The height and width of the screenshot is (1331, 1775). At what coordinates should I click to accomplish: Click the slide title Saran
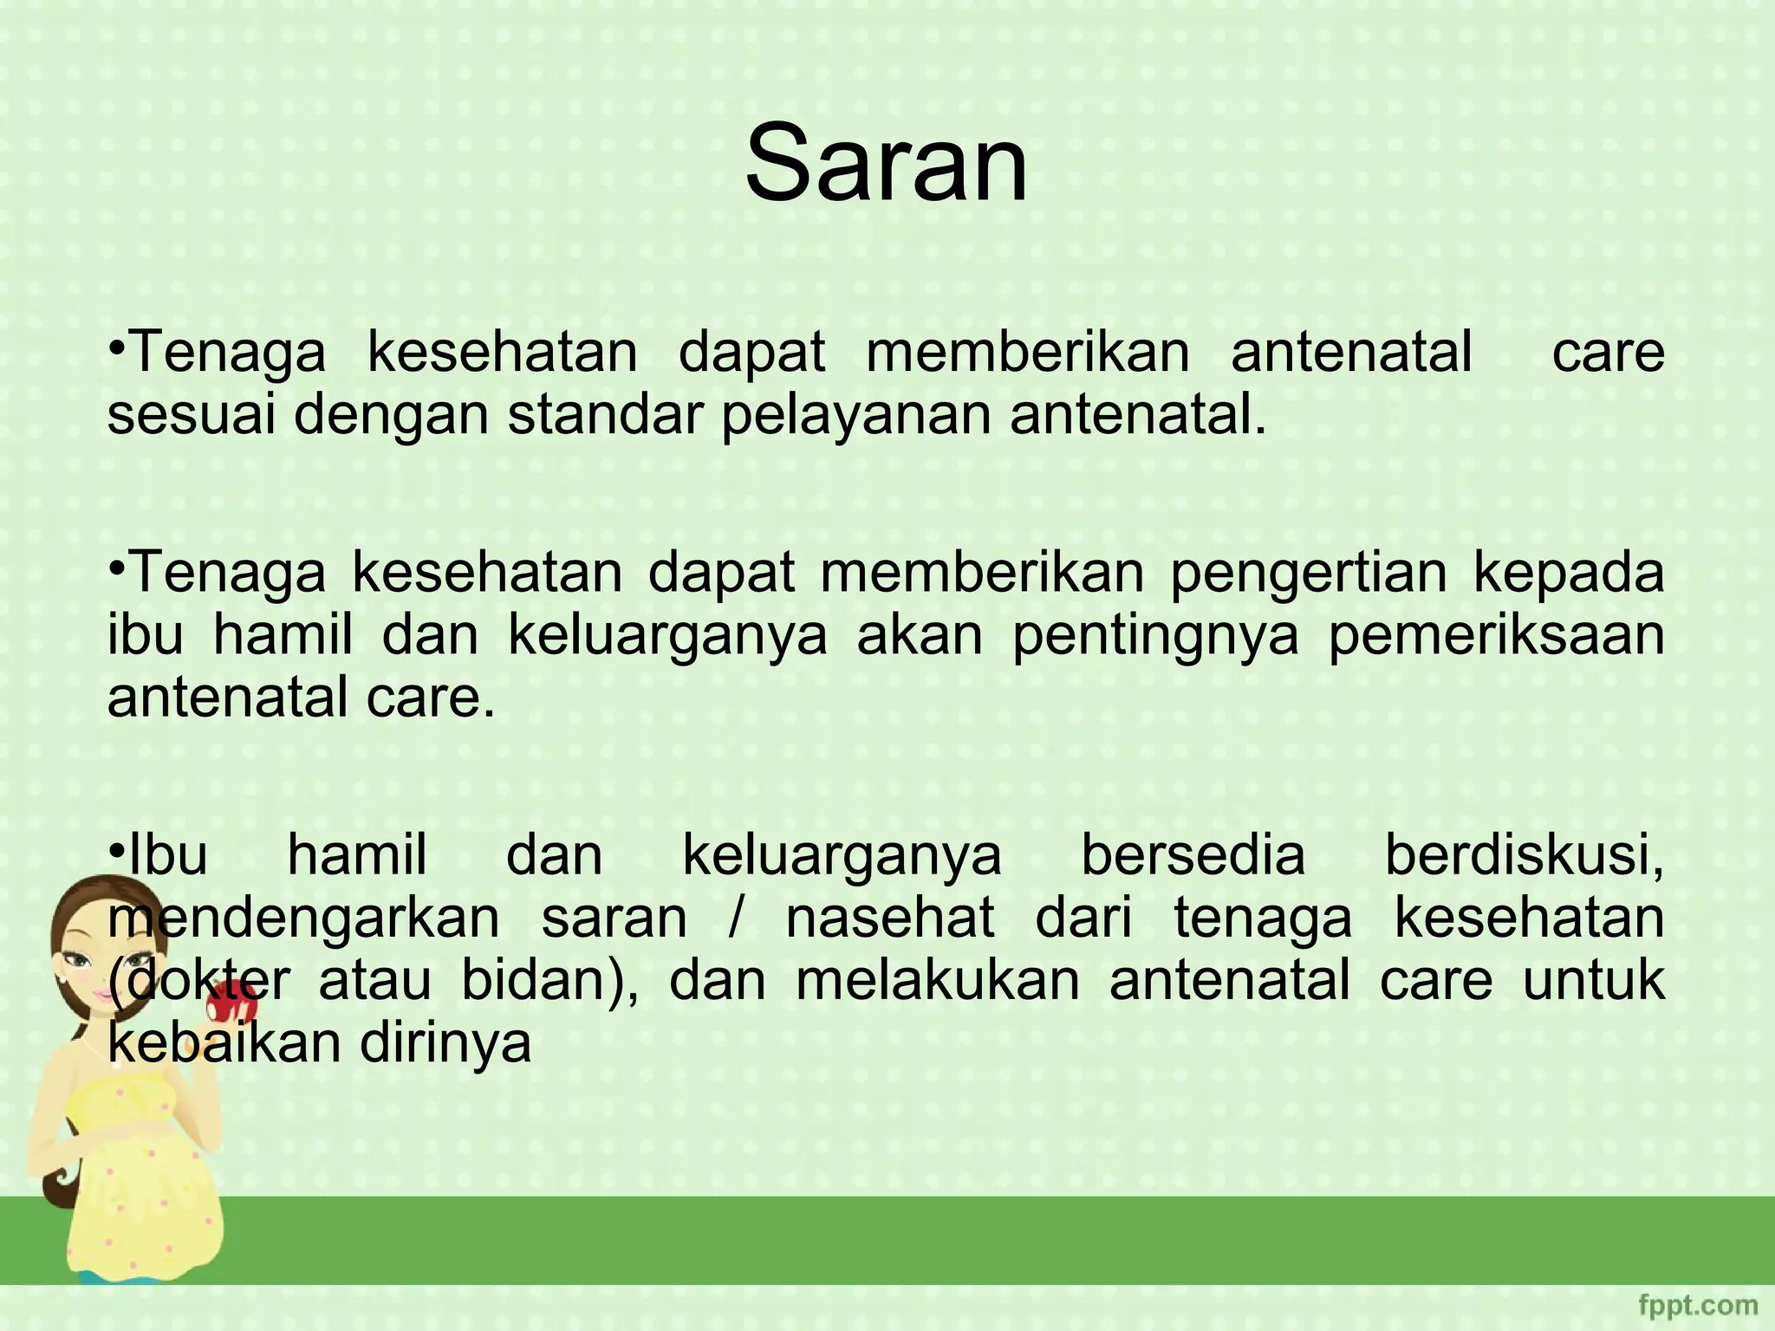(887, 163)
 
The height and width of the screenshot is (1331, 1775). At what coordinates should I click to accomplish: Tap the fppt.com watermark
(1698, 1305)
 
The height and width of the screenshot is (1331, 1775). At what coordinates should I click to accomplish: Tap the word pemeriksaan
(1496, 636)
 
